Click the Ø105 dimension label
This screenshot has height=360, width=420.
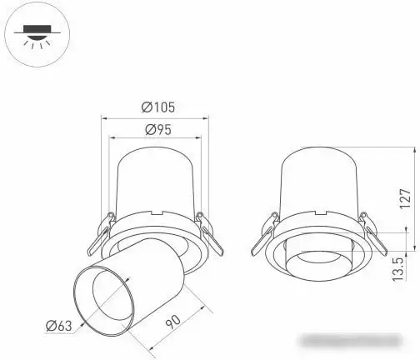pyautogui.click(x=157, y=107)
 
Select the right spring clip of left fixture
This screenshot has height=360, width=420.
pyautogui.click(x=209, y=233)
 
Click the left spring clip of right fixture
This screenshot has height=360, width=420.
pyautogui.click(x=265, y=235)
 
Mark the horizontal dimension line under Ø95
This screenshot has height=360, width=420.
pyautogui.click(x=157, y=139)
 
